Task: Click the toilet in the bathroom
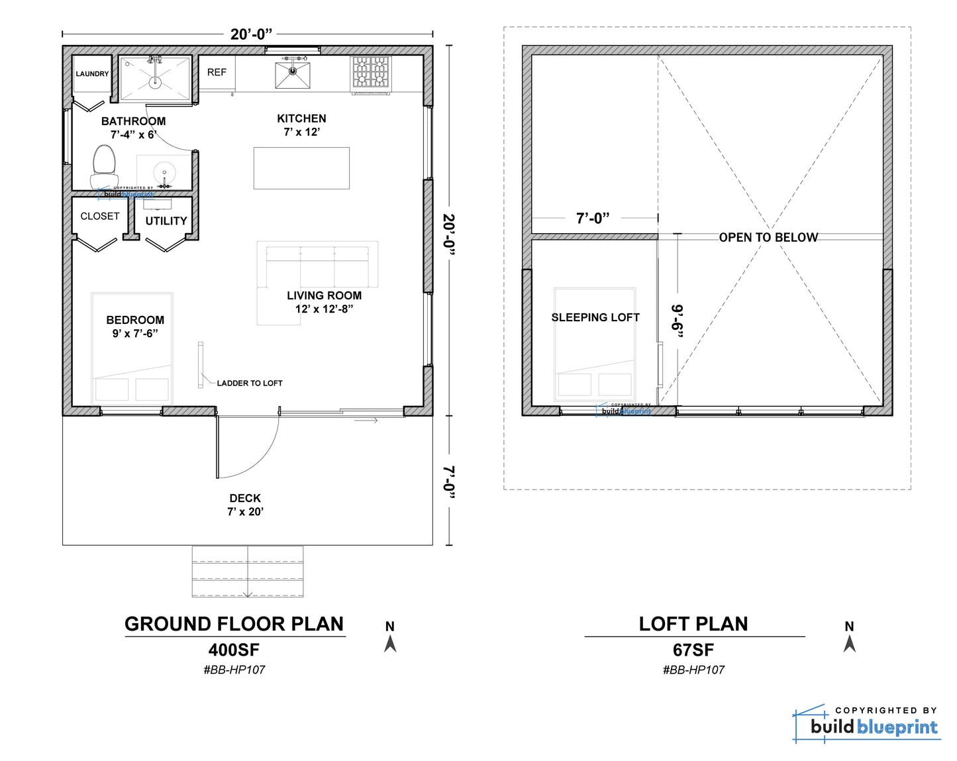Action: (x=104, y=167)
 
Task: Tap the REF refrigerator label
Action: (x=217, y=72)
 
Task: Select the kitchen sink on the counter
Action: (x=292, y=75)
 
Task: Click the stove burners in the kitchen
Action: (x=370, y=72)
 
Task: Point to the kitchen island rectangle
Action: (x=301, y=168)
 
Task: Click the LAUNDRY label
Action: (x=92, y=74)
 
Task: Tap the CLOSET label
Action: (x=99, y=216)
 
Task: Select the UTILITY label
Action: (x=166, y=221)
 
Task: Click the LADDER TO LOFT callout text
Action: (x=250, y=383)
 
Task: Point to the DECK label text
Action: (x=245, y=498)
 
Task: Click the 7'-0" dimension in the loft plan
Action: (x=593, y=219)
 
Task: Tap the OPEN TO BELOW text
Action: (x=768, y=238)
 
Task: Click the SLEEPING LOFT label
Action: (x=595, y=317)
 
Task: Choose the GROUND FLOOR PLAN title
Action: (x=234, y=624)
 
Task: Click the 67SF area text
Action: (x=693, y=650)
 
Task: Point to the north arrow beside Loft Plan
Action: (x=850, y=643)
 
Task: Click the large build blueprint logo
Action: (x=866, y=724)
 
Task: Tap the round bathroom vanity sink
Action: (x=164, y=172)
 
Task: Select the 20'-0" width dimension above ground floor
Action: (x=251, y=34)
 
